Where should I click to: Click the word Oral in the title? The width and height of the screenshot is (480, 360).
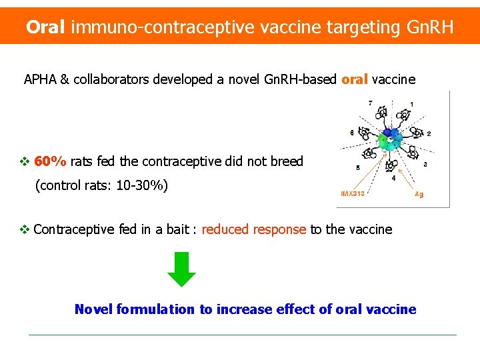(x=45, y=27)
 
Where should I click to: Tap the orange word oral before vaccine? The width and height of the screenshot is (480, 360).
(x=355, y=80)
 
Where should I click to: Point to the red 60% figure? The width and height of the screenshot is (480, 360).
(x=50, y=161)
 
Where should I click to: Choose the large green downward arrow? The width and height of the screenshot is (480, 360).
(x=181, y=270)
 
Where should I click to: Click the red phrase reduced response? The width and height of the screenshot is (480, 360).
(x=253, y=229)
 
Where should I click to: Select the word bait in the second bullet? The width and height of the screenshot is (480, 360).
(x=177, y=229)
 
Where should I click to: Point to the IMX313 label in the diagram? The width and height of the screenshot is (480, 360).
(x=353, y=194)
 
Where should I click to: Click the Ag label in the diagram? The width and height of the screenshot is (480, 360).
(x=419, y=194)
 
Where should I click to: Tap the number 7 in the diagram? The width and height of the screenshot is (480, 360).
(x=371, y=103)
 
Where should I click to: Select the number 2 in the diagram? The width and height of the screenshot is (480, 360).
(x=429, y=134)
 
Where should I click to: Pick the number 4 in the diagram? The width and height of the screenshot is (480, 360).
(x=393, y=178)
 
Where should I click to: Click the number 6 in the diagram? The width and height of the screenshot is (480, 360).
(x=352, y=133)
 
